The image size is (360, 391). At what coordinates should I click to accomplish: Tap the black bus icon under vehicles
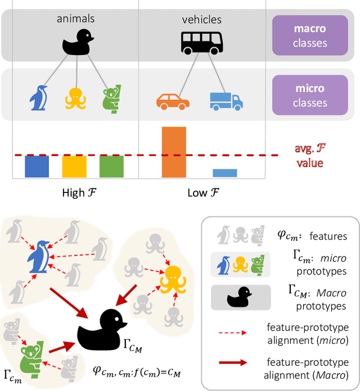point(201,41)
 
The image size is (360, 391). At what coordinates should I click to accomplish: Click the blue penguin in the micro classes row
point(38,98)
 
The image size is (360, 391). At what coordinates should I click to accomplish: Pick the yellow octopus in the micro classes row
point(75,98)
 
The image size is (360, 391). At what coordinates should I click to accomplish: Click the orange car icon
point(173,101)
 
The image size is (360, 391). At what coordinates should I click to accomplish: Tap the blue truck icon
point(226,101)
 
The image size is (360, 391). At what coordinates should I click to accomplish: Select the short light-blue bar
point(224,173)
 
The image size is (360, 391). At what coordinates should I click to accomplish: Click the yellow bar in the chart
point(74,167)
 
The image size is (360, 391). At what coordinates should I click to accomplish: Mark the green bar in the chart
point(111,167)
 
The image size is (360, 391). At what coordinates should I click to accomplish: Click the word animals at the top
point(76,19)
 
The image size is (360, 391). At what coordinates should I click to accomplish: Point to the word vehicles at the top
point(201,20)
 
